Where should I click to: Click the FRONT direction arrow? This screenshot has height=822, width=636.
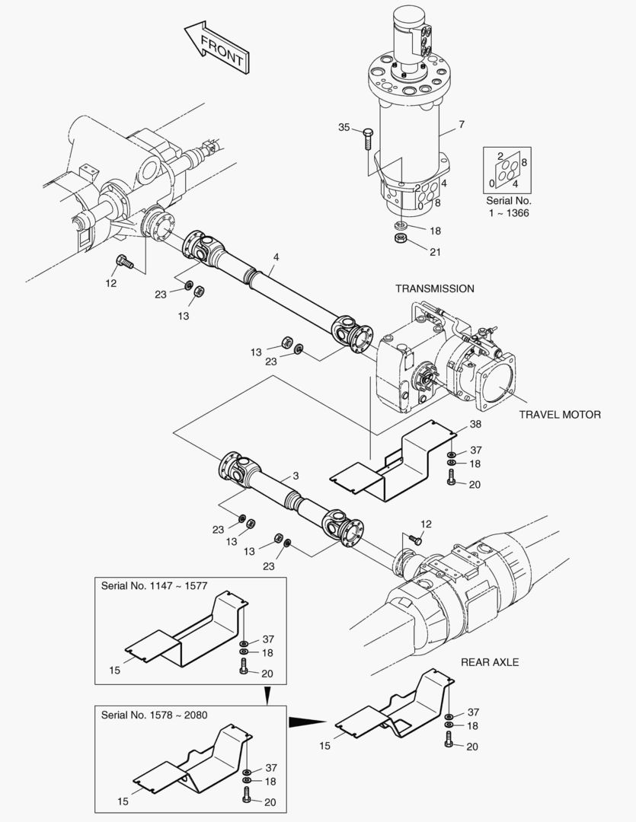217,46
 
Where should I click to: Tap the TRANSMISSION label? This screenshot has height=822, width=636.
434,289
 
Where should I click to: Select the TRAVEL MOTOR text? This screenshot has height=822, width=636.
560,415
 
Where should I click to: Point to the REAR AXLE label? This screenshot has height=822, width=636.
490,662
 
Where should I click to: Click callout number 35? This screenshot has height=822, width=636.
344,127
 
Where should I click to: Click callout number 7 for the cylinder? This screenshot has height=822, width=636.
462,124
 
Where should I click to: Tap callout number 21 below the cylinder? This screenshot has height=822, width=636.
436,252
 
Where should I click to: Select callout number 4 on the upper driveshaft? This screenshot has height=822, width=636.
276,257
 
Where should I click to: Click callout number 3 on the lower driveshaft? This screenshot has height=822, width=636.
296,476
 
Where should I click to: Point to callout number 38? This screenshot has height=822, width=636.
475,424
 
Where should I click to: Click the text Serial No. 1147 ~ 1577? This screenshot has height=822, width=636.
155,585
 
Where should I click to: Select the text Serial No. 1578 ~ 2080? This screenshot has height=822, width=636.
155,715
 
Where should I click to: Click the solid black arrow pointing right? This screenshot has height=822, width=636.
308,722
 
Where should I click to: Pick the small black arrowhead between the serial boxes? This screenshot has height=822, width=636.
267,696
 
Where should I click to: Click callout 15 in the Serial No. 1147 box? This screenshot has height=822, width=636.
115,670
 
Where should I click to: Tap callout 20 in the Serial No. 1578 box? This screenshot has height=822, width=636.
270,802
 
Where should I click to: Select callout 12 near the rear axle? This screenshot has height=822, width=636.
426,524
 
